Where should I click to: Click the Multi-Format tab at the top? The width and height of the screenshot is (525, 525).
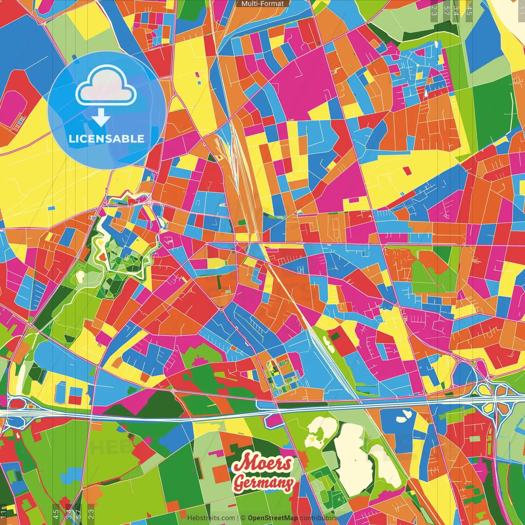(262, 4)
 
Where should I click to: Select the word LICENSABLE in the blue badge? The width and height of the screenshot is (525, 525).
(107, 139)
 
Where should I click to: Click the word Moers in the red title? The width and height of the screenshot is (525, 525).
(262, 463)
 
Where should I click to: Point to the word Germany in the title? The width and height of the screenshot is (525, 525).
(264, 483)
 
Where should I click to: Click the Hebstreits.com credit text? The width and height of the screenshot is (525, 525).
(211, 518)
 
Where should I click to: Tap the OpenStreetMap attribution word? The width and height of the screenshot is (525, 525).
(272, 518)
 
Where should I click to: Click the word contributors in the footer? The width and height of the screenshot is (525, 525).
(318, 518)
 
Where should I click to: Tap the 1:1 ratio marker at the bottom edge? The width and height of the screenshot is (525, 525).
(4, 514)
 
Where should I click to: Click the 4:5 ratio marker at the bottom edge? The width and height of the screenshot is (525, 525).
(56, 514)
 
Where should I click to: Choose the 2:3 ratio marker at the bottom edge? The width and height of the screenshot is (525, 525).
(91, 514)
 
